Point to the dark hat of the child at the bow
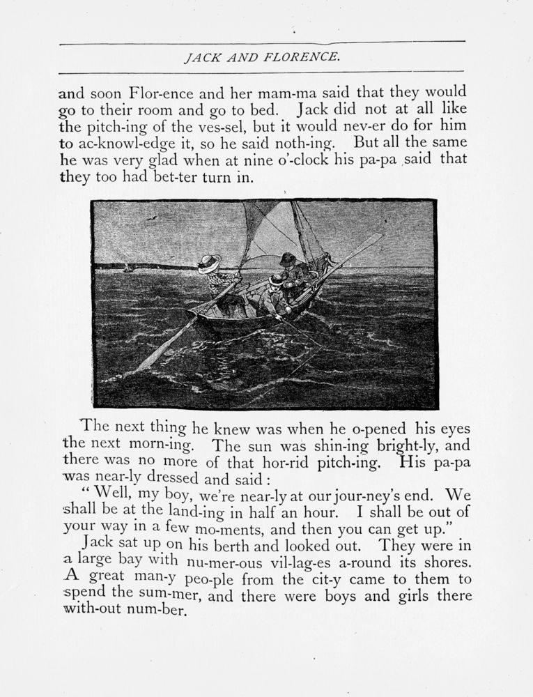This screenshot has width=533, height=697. pyautogui.click(x=288, y=259)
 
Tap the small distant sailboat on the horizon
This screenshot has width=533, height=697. pyautogui.click(x=125, y=268)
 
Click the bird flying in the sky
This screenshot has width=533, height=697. pyautogui.click(x=150, y=217)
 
